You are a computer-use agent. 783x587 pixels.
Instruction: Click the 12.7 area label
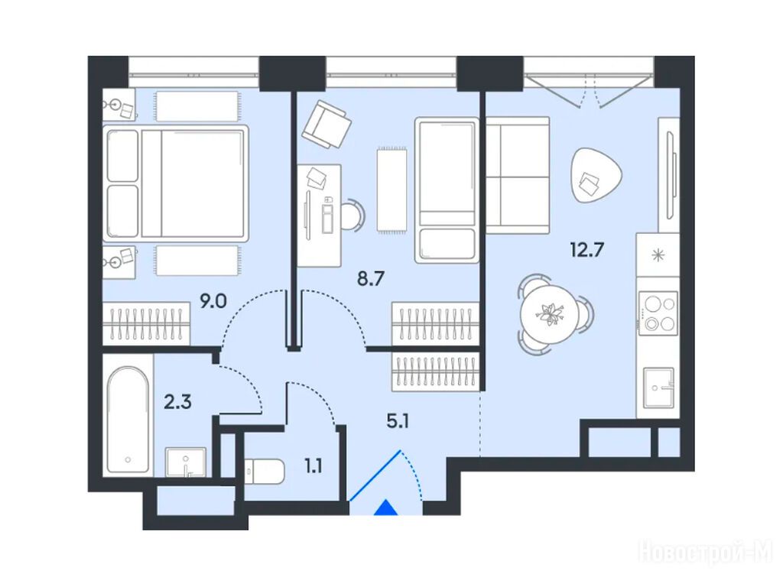point(587,248)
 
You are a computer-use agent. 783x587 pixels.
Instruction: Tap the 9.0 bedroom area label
point(213,301)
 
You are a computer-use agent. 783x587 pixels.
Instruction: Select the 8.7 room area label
point(371,278)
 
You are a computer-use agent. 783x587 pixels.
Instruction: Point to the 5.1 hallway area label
point(398,422)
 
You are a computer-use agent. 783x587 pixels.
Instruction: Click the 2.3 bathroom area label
point(177,401)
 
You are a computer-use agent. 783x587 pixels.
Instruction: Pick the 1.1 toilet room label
point(313,466)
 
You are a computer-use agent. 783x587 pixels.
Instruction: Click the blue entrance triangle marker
point(386,508)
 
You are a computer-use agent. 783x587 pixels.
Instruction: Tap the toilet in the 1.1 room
point(264,471)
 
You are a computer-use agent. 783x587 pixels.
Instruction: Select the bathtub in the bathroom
point(128,420)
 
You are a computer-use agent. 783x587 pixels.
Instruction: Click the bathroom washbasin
point(186,462)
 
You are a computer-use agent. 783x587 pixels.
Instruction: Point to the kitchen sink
point(658,388)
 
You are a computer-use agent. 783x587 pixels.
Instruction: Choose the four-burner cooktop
point(658,313)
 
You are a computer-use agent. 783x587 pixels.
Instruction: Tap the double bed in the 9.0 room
point(175,183)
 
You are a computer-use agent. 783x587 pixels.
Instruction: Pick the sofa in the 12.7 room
point(518,175)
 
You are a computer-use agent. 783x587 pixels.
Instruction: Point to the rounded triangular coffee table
point(596,176)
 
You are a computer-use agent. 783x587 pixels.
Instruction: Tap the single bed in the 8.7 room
point(447,190)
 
